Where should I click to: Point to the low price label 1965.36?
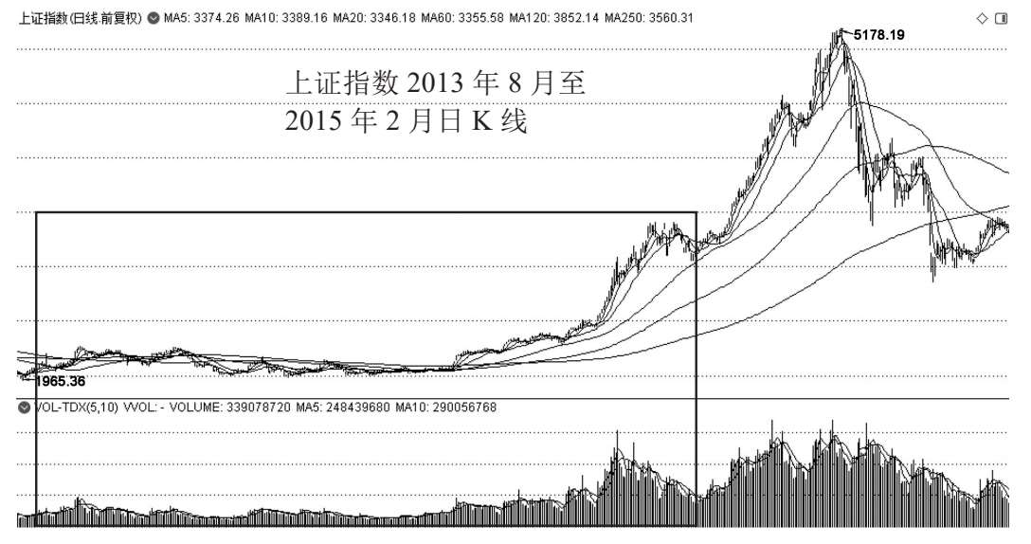pyautogui.click(x=59, y=382)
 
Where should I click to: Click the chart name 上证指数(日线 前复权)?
pyautogui.click(x=81, y=18)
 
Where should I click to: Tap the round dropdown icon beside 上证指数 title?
pyautogui.click(x=153, y=18)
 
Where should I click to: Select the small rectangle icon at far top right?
pyautogui.click(x=1001, y=18)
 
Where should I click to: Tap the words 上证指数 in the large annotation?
pyautogui.click(x=342, y=83)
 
